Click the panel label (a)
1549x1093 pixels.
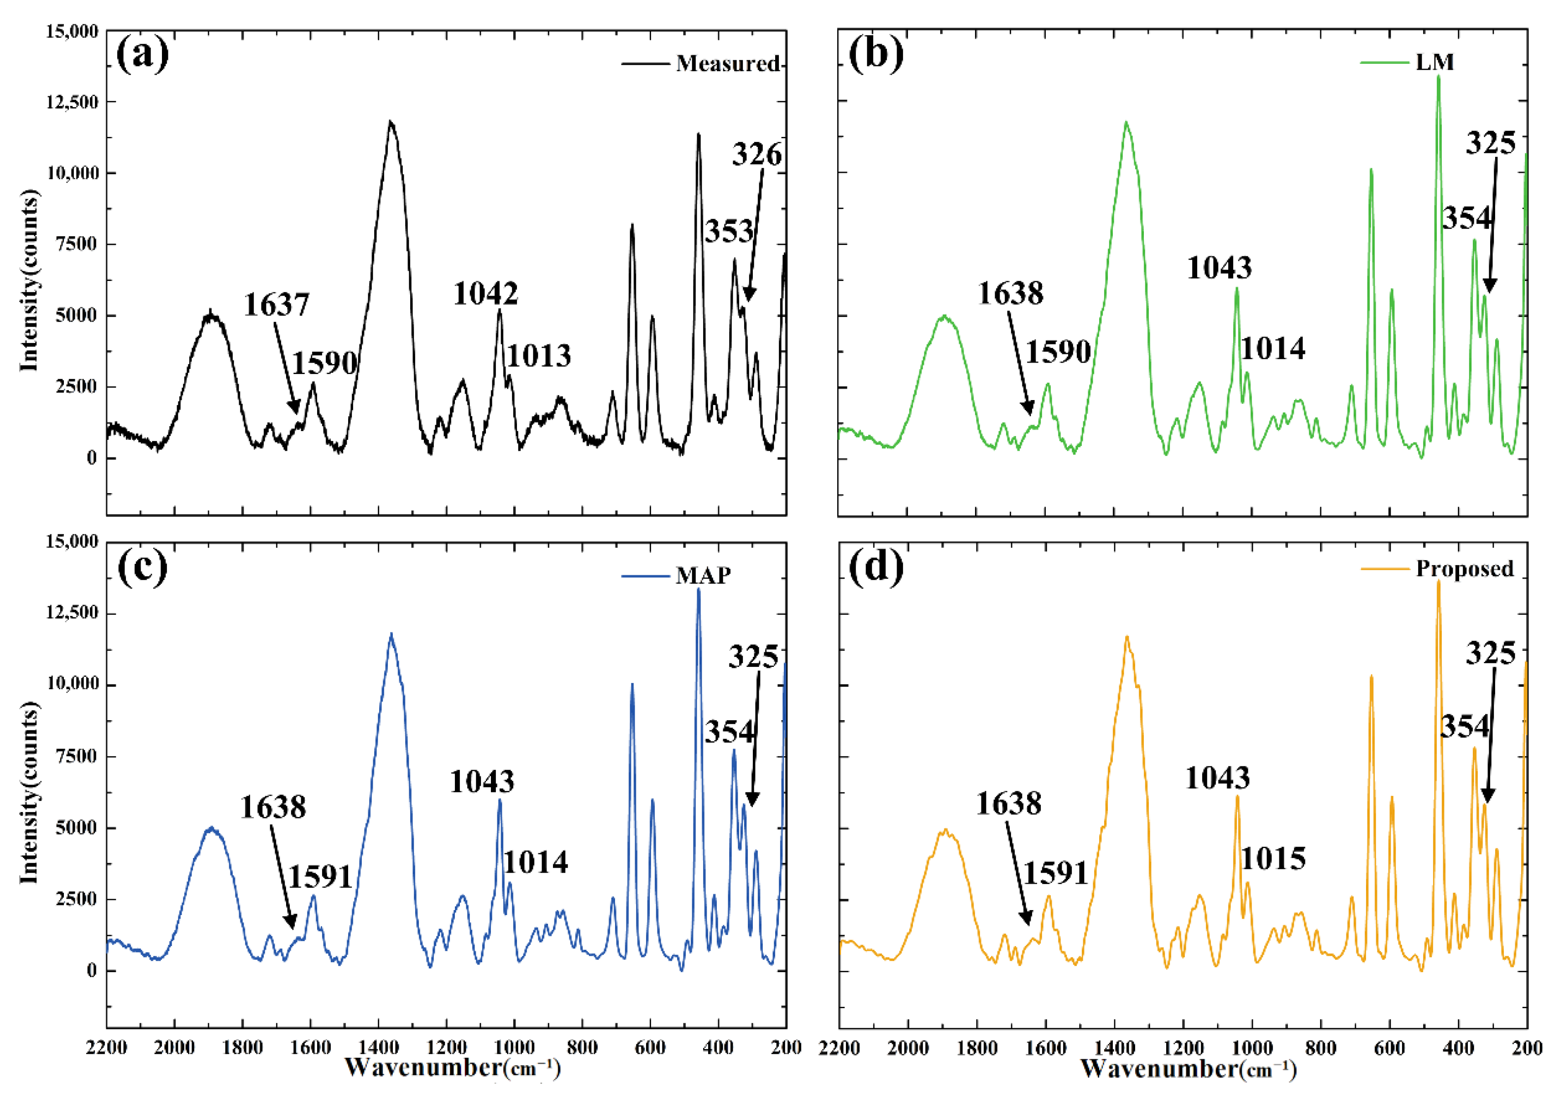(x=142, y=55)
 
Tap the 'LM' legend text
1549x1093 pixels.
(x=1434, y=62)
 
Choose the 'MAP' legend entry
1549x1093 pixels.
(x=703, y=576)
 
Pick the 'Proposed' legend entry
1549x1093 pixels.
(x=1465, y=569)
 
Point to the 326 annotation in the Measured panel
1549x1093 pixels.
(x=757, y=155)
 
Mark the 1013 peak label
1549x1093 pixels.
(x=538, y=355)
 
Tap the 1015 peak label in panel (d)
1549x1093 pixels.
(x=1273, y=859)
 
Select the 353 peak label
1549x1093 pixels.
(x=729, y=231)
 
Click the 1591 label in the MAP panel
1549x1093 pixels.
(x=320, y=877)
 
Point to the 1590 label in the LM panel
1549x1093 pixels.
(x=1058, y=352)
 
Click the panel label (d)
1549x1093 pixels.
(x=876, y=567)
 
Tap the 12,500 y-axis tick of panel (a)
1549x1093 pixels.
(x=72, y=102)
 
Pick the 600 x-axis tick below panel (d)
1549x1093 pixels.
(x=1389, y=1048)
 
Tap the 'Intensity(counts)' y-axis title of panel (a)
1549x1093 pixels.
(x=28, y=280)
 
